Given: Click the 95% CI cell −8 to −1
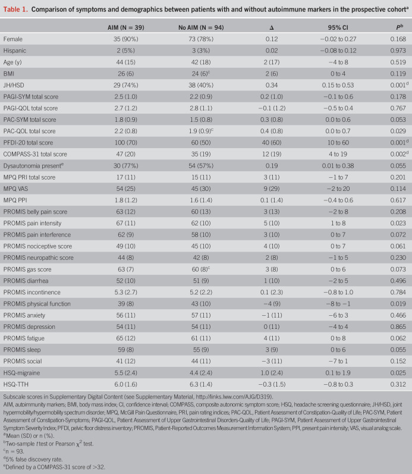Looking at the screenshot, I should [330, 303].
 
